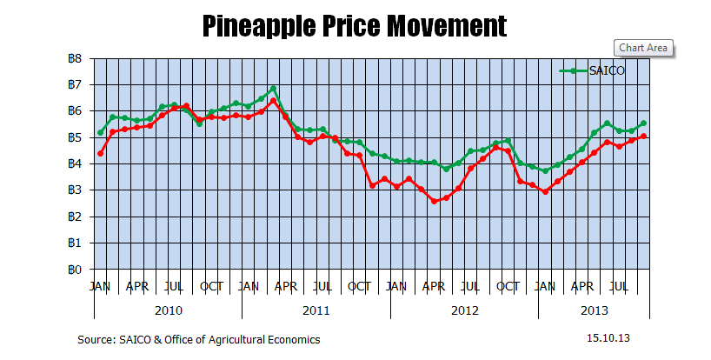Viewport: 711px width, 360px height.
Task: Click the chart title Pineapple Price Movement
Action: [x=355, y=25]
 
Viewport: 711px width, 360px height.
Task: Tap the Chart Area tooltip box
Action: [x=643, y=48]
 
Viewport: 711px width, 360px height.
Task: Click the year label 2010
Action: [x=168, y=310]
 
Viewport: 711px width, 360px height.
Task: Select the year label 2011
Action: [x=316, y=310]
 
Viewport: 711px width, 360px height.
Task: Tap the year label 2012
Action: [x=463, y=310]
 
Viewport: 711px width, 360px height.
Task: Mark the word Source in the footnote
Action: [x=96, y=339]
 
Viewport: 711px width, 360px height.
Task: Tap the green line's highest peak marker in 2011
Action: [x=273, y=89]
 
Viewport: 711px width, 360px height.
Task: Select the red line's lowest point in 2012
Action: [x=434, y=202]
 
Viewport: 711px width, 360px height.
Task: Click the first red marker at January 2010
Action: [x=101, y=153]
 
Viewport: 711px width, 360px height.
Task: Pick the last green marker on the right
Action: [x=643, y=123]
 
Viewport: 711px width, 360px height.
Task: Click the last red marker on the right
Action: [x=643, y=136]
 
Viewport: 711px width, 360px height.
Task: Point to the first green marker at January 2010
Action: [x=101, y=132]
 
